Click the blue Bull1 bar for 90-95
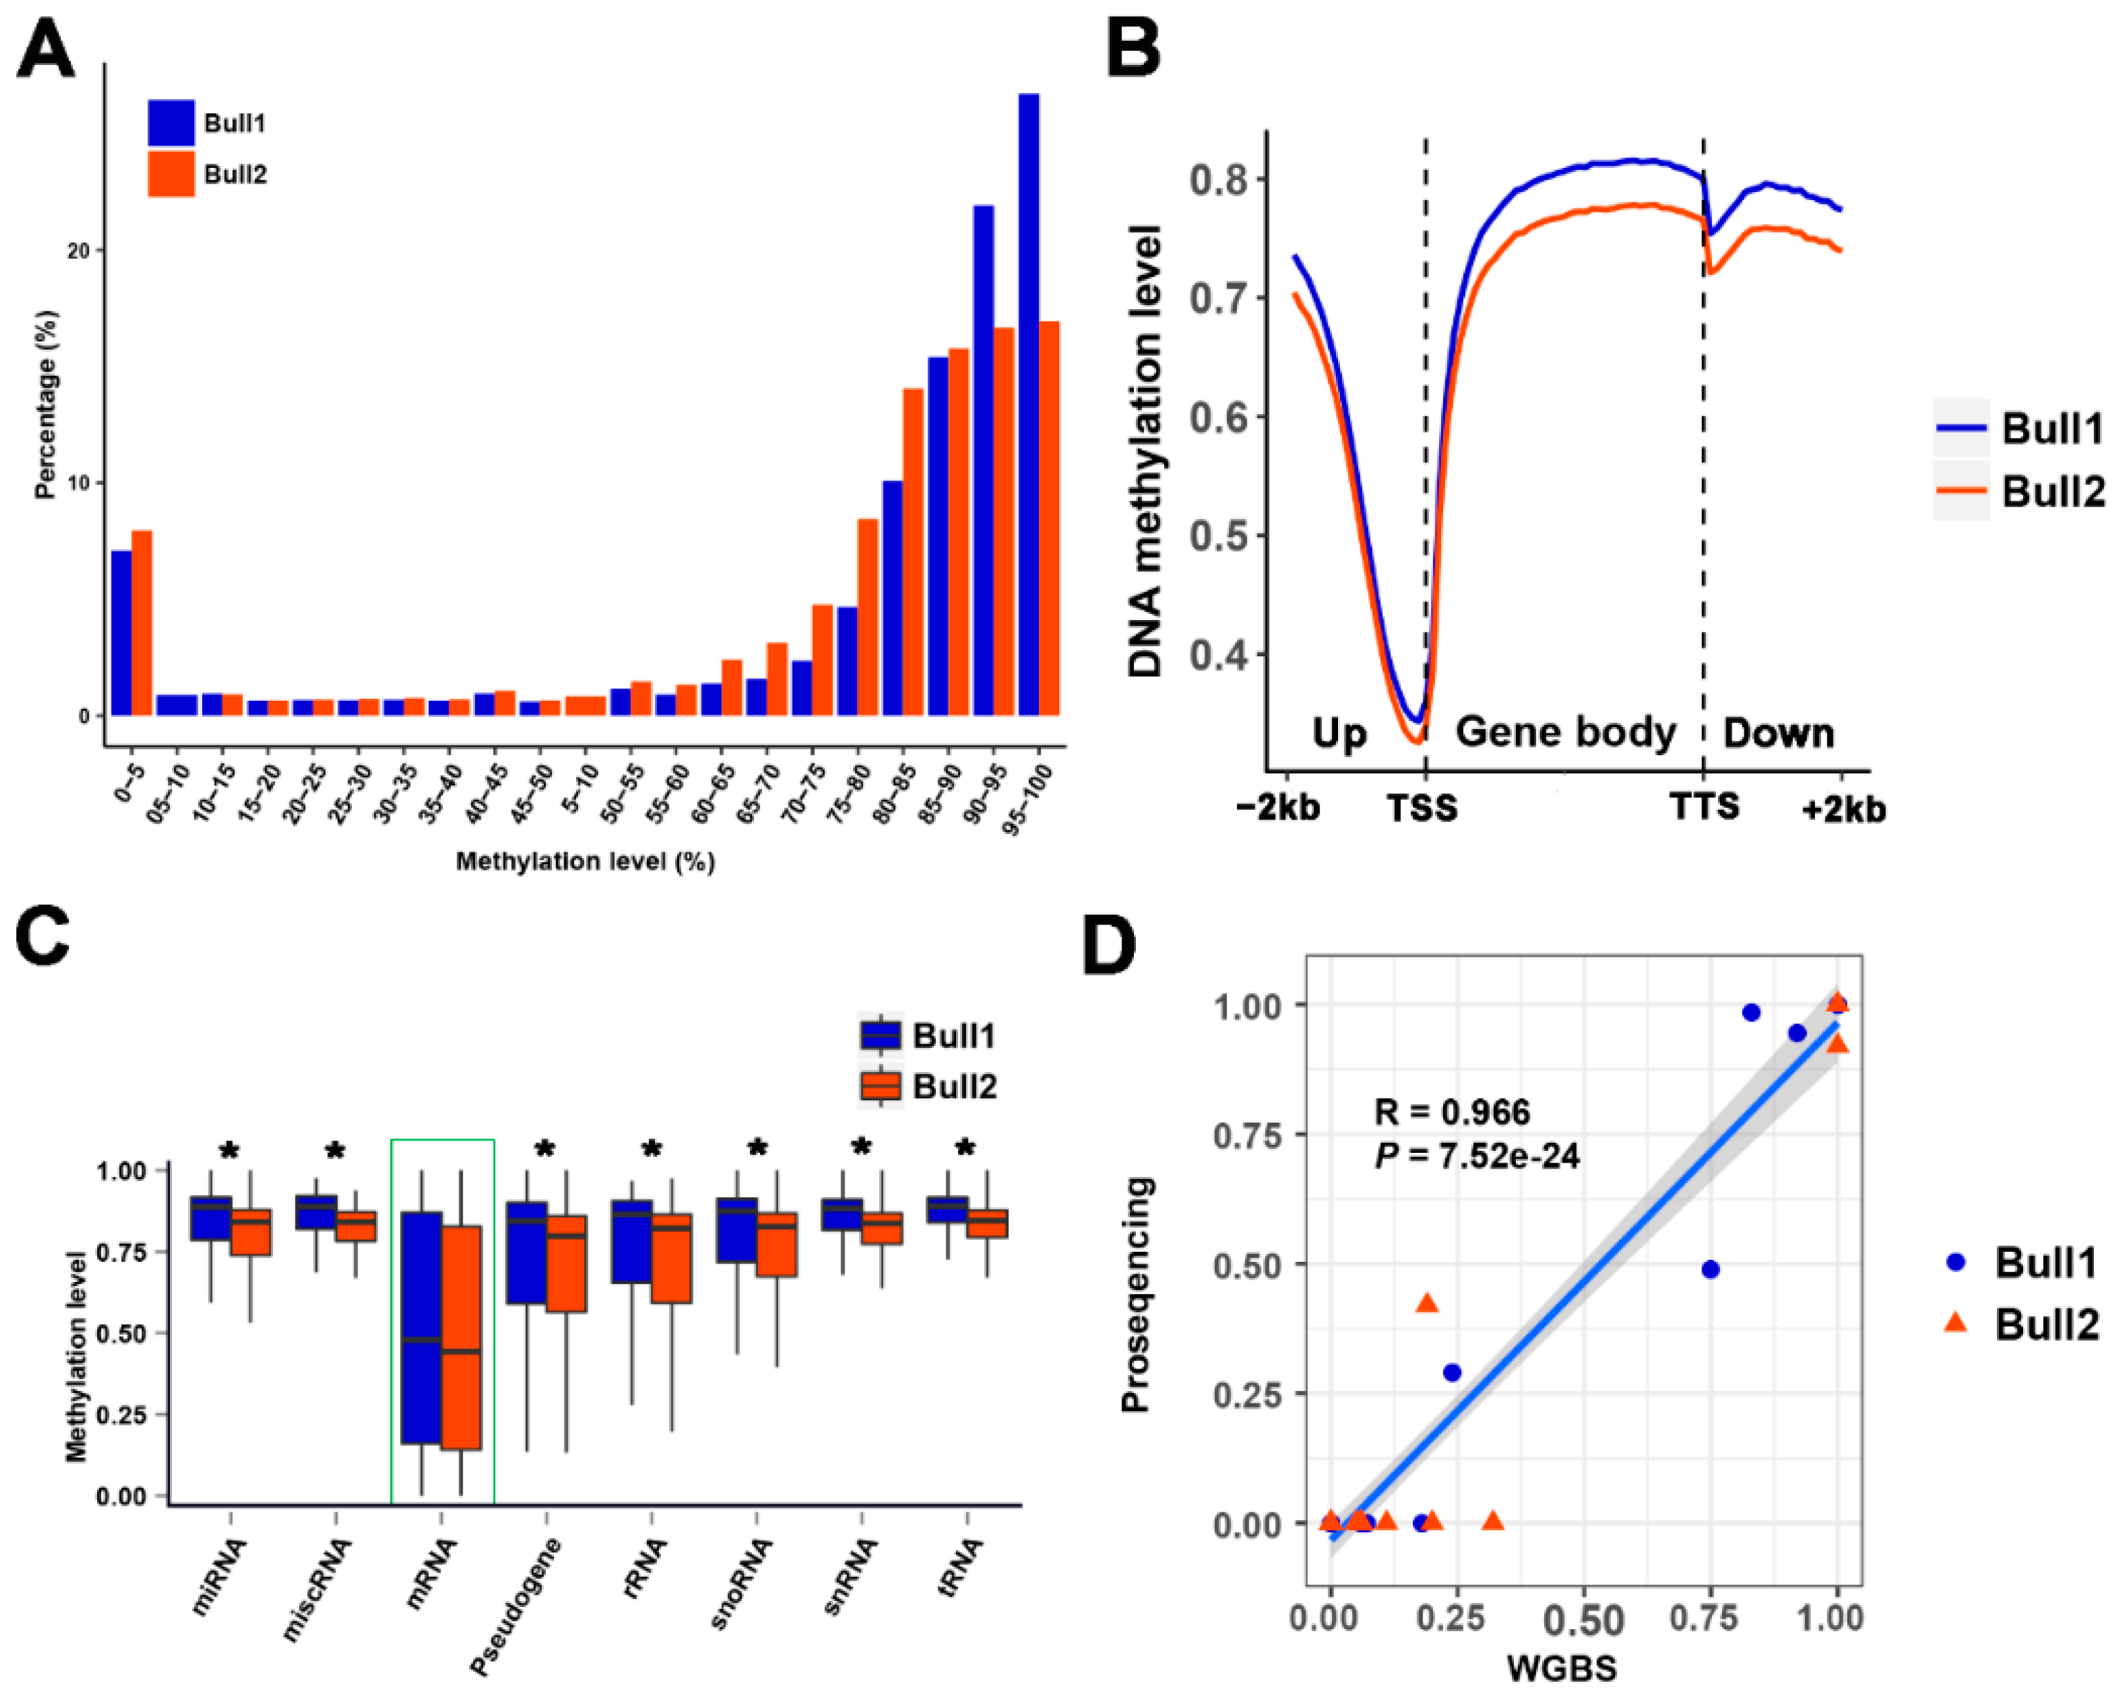pos(984,461)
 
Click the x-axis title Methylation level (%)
pos(585,861)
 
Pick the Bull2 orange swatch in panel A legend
pos(171,175)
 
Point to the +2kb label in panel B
pos(1843,810)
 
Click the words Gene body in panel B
pos(1565,732)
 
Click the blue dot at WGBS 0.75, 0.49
pos(1711,1270)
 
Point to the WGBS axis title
pos(1562,1667)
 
